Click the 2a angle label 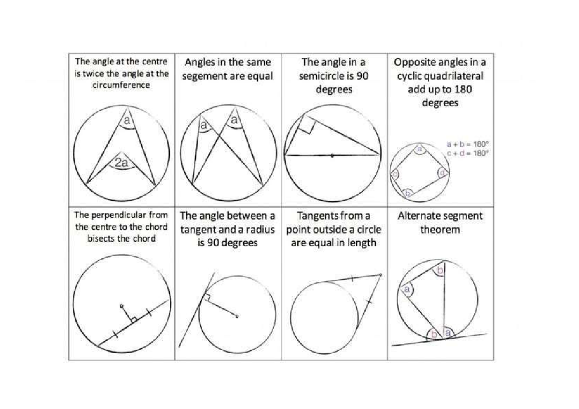pyautogui.click(x=122, y=163)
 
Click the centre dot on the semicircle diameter pyautogui.click(x=332, y=155)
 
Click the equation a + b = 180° pyautogui.click(x=468, y=144)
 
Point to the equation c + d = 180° pyautogui.click(x=468, y=153)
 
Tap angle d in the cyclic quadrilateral pyautogui.click(x=442, y=172)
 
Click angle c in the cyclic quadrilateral pyautogui.click(x=395, y=175)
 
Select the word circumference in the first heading pyautogui.click(x=121, y=85)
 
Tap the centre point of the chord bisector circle pyautogui.click(x=122, y=306)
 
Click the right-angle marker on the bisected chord pyautogui.click(x=133, y=320)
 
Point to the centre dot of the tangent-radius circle pyautogui.click(x=237, y=317)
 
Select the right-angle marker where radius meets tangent pyautogui.click(x=207, y=298)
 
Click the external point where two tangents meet pyautogui.click(x=381, y=275)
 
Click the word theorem pyautogui.click(x=440, y=230)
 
